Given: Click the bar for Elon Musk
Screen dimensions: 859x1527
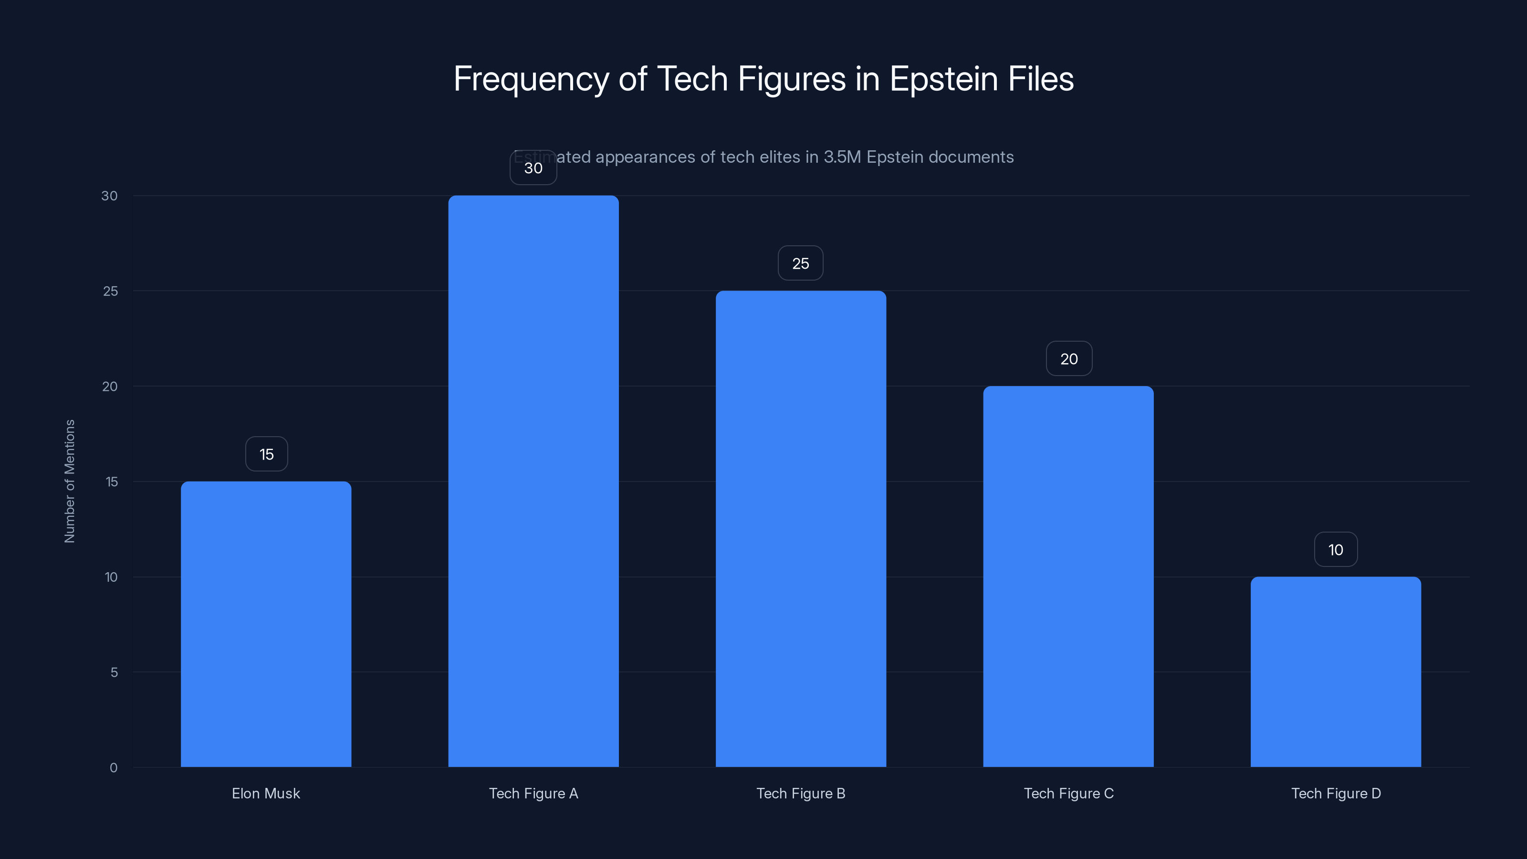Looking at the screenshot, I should (266, 624).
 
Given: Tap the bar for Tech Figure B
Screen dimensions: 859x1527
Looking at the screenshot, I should (800, 528).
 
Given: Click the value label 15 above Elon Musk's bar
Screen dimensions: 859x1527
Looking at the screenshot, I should (266, 454).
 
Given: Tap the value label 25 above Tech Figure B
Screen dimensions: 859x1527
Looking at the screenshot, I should (800, 263).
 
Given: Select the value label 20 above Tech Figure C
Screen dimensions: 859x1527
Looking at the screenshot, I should (1069, 359).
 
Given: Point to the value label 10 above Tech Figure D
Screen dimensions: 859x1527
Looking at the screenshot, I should (1336, 550).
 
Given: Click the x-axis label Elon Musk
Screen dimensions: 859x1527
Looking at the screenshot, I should (266, 793).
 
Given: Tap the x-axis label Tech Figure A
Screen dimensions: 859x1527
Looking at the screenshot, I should (533, 793).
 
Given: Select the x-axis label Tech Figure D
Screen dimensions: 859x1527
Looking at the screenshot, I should (1336, 793).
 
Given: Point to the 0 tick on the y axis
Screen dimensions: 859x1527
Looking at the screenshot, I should (113, 768).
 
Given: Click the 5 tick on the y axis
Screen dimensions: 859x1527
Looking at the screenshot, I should (114, 672).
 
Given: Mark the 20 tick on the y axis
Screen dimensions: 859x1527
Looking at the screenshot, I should (110, 387).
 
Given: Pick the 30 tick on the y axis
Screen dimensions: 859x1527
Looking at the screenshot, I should (109, 196).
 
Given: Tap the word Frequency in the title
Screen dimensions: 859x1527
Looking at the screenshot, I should (531, 79).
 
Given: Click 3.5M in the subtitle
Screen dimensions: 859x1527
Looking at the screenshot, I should (842, 157).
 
